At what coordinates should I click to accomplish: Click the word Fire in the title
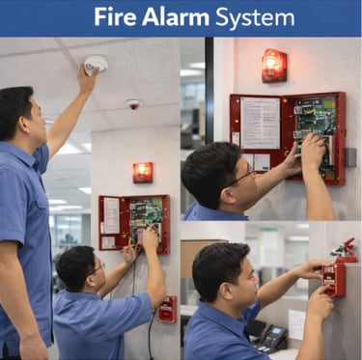pyautogui.click(x=115, y=16)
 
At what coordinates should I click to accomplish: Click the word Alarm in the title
pyautogui.click(x=176, y=16)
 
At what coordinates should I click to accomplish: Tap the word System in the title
pyautogui.click(x=255, y=18)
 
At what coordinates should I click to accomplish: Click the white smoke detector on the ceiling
pyautogui.click(x=96, y=63)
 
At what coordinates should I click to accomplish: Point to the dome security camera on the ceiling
pyautogui.click(x=134, y=104)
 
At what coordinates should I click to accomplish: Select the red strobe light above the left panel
pyautogui.click(x=143, y=173)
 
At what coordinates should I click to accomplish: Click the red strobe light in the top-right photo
pyautogui.click(x=274, y=66)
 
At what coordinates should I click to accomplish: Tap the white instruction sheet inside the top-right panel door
pyautogui.click(x=261, y=123)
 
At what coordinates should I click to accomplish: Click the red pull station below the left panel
pyautogui.click(x=167, y=309)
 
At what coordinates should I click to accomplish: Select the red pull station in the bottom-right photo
pyautogui.click(x=334, y=280)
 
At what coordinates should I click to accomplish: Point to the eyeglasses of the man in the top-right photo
pyautogui.click(x=243, y=177)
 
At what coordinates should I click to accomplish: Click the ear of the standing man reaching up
pyautogui.click(x=24, y=124)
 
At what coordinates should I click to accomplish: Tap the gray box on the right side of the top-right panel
pyautogui.click(x=351, y=156)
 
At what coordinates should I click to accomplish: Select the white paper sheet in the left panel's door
pyautogui.click(x=111, y=215)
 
